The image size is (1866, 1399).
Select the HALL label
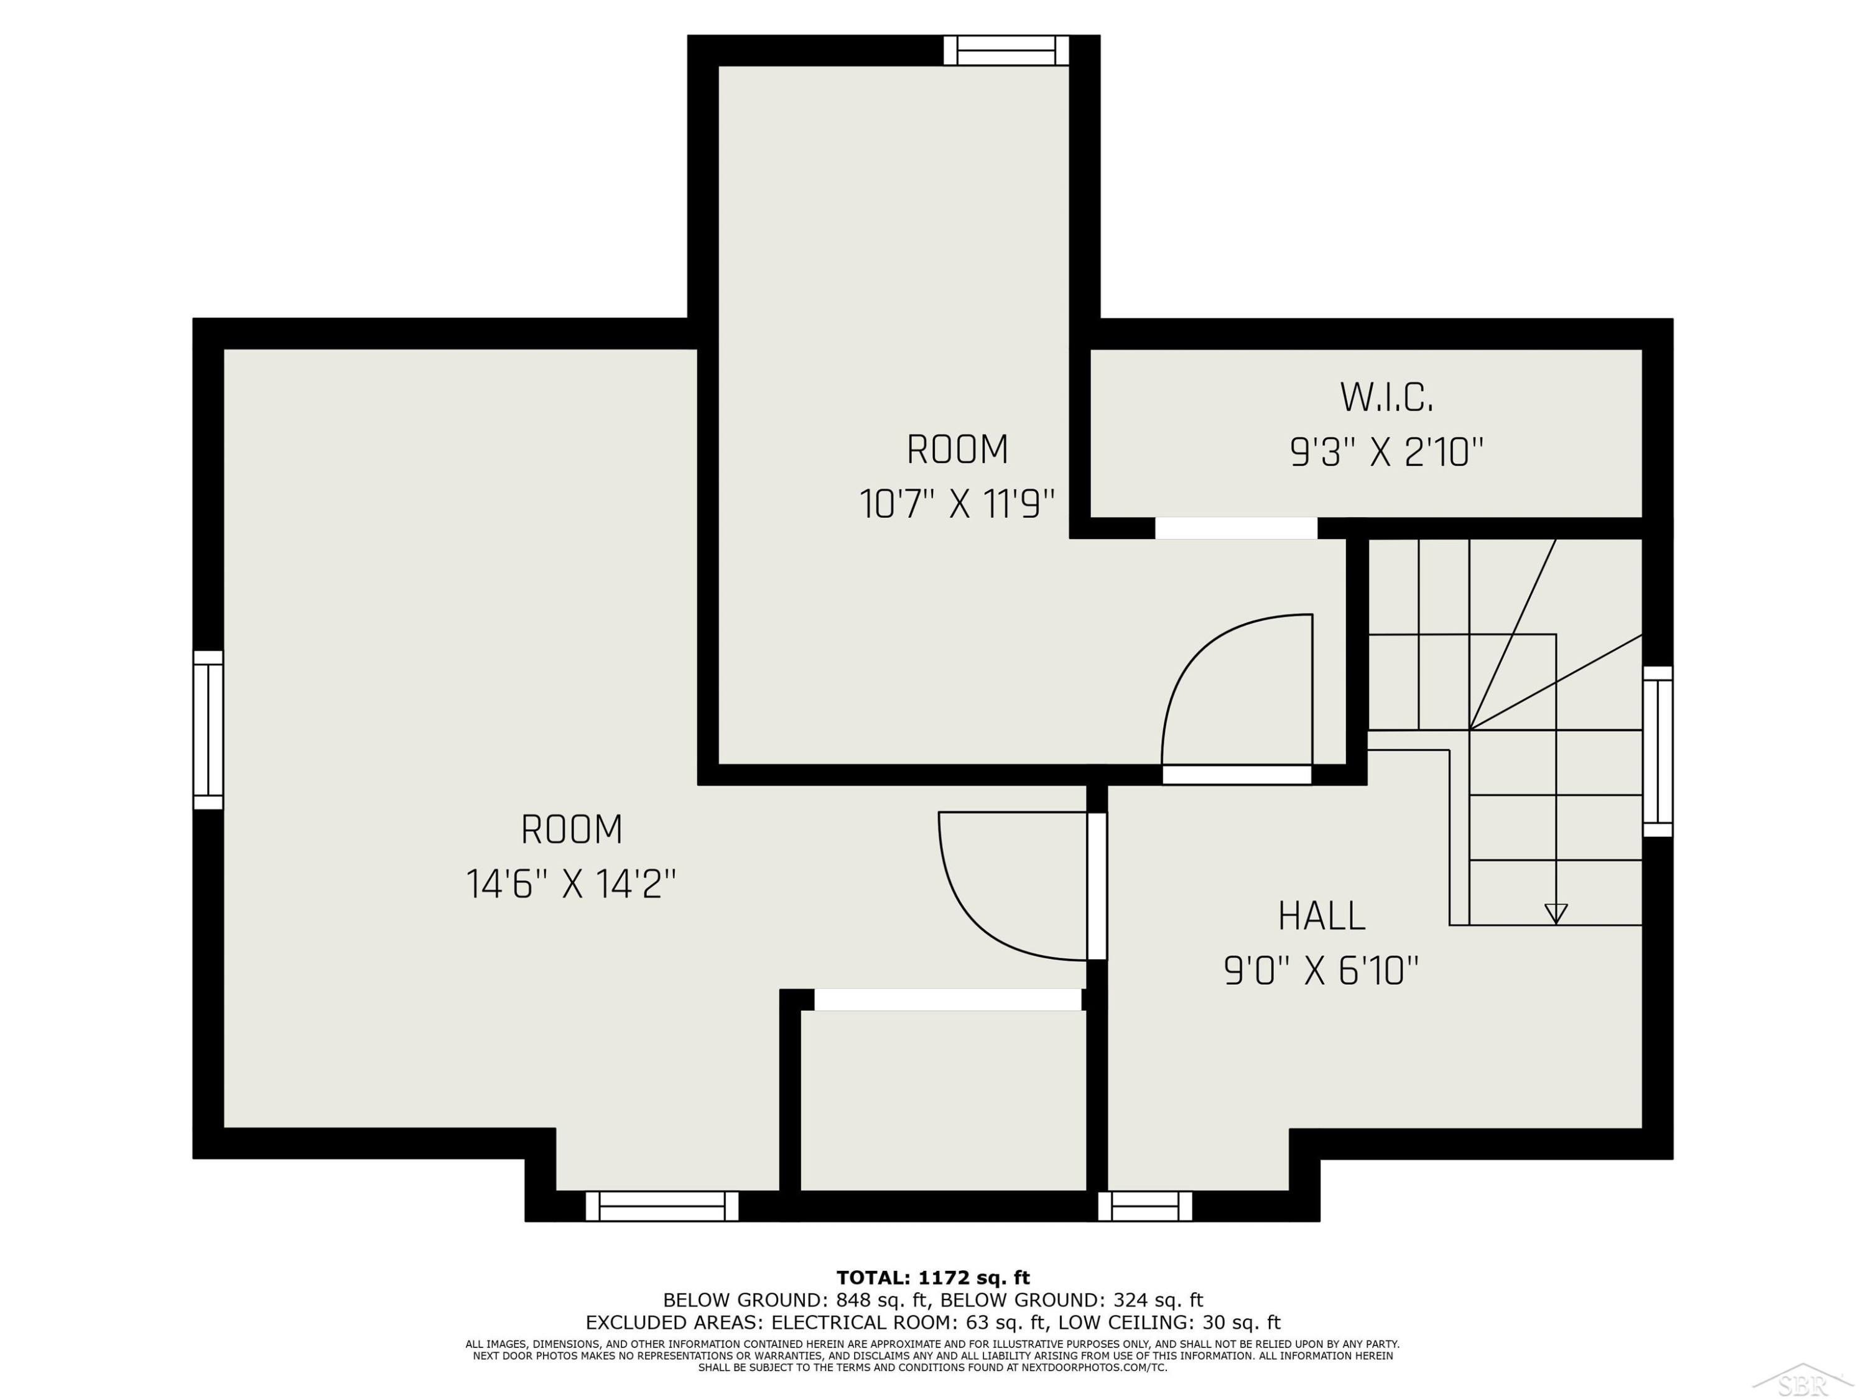1321,917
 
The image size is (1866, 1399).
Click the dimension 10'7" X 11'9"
957,504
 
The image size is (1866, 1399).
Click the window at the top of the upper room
1006,50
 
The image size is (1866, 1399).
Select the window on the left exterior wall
208,729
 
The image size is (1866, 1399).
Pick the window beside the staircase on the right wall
1658,751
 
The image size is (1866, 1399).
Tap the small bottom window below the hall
1144,1206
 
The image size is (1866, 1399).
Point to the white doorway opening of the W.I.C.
1236,528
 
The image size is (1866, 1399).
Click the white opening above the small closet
947,999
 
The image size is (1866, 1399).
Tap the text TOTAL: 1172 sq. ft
933,1278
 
